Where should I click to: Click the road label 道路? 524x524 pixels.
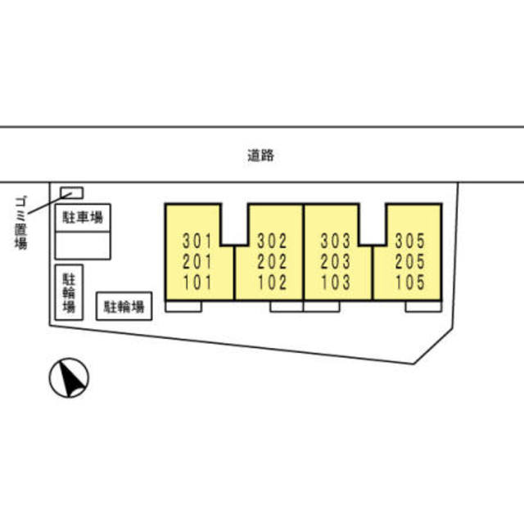(x=261, y=155)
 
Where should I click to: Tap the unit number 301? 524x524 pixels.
(x=198, y=242)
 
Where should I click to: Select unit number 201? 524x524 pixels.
(x=198, y=262)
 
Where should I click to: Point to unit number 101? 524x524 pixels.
(x=198, y=283)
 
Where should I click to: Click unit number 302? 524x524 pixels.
(x=272, y=242)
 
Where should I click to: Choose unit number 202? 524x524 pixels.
(x=272, y=262)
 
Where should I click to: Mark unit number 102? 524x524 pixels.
(x=272, y=283)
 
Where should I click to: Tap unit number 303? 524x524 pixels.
(x=336, y=242)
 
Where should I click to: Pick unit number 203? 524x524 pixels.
(x=336, y=262)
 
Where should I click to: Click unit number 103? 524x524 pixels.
(x=336, y=283)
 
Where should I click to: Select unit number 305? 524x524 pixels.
(x=409, y=242)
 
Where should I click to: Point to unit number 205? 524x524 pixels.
(x=409, y=262)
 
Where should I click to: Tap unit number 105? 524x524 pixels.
(x=409, y=283)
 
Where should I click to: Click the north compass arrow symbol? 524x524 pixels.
(x=70, y=379)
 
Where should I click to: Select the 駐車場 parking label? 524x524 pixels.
(x=83, y=218)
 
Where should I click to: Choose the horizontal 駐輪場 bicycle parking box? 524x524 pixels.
(x=124, y=307)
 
